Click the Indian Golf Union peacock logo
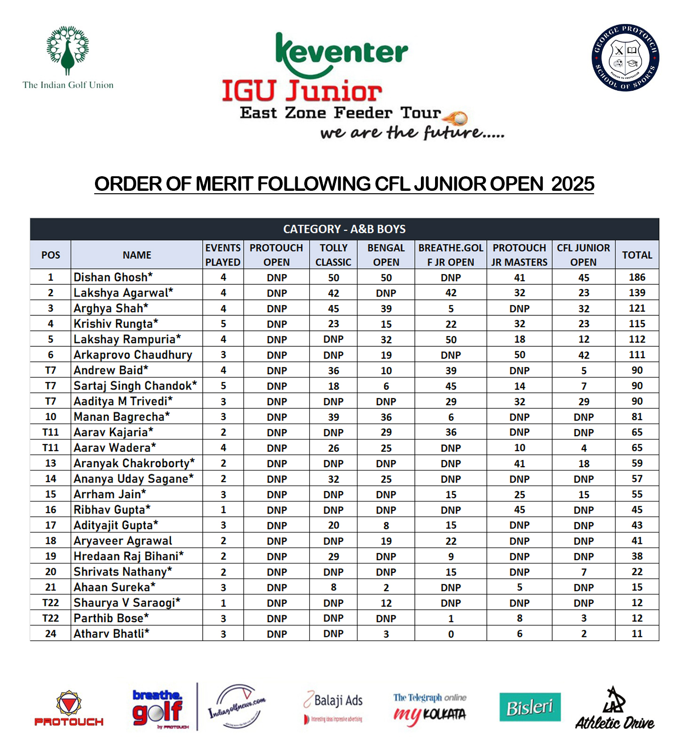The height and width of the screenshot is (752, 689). point(68,51)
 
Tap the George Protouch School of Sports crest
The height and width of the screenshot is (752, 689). point(625,58)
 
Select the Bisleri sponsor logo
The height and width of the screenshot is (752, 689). point(530,707)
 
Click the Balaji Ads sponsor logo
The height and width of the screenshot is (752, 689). point(333,706)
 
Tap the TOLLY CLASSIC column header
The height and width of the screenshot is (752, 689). point(333,255)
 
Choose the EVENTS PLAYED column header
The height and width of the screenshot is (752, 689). point(223,255)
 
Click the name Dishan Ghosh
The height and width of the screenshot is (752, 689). point(113,277)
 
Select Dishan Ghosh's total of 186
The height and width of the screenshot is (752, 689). point(637,277)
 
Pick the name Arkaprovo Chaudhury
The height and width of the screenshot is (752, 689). point(133,355)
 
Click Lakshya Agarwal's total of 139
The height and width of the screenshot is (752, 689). point(637,293)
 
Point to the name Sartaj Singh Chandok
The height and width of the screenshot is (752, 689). point(135,386)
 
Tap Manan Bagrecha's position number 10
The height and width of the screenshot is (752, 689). point(51,417)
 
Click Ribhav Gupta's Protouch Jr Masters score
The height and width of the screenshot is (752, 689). point(519,510)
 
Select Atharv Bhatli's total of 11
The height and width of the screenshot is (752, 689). point(637,634)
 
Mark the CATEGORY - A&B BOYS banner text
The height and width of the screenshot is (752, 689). point(344,229)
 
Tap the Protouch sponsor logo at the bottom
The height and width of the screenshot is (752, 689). point(69,709)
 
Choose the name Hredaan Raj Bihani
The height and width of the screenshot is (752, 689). point(128,556)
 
